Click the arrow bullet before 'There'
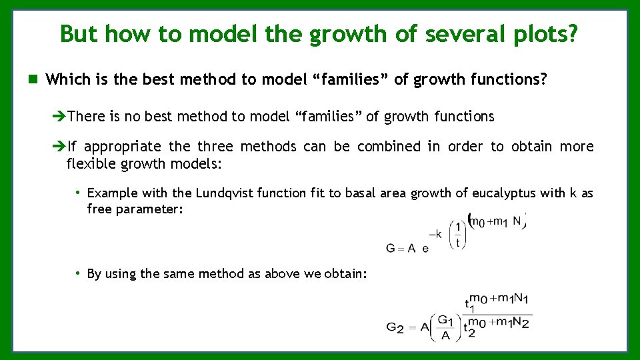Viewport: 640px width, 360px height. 59,117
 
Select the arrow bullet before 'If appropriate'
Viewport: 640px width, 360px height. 59,146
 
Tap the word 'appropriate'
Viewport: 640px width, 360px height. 123,146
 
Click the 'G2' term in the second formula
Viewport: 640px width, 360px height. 394,327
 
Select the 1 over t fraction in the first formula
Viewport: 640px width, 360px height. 457,235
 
